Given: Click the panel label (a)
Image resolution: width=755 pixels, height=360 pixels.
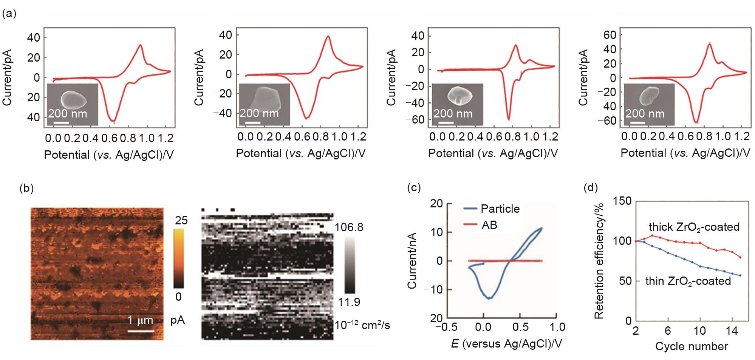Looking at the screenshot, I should [9, 14].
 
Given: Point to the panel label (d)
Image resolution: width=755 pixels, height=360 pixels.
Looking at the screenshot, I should [591, 188].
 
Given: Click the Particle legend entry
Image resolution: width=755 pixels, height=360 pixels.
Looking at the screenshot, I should [500, 209].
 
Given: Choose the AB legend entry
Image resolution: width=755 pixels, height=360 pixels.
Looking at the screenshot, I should [489, 225].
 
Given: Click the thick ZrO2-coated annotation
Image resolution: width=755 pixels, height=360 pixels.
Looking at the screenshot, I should [694, 227].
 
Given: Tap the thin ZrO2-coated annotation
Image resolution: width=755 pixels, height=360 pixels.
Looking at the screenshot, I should [688, 281].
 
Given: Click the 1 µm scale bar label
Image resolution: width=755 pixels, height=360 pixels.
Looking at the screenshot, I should [140, 320].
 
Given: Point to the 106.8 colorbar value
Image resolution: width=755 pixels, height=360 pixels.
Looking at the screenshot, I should [349, 227].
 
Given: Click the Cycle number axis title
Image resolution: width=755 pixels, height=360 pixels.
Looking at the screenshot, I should [691, 346].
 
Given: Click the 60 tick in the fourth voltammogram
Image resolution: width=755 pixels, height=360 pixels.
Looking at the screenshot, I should [610, 35].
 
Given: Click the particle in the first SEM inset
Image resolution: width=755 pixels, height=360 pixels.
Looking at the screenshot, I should [74, 99].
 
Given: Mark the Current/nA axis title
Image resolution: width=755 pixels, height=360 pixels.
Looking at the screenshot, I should [412, 261].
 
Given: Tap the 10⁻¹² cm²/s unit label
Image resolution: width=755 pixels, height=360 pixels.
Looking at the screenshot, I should [362, 325].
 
